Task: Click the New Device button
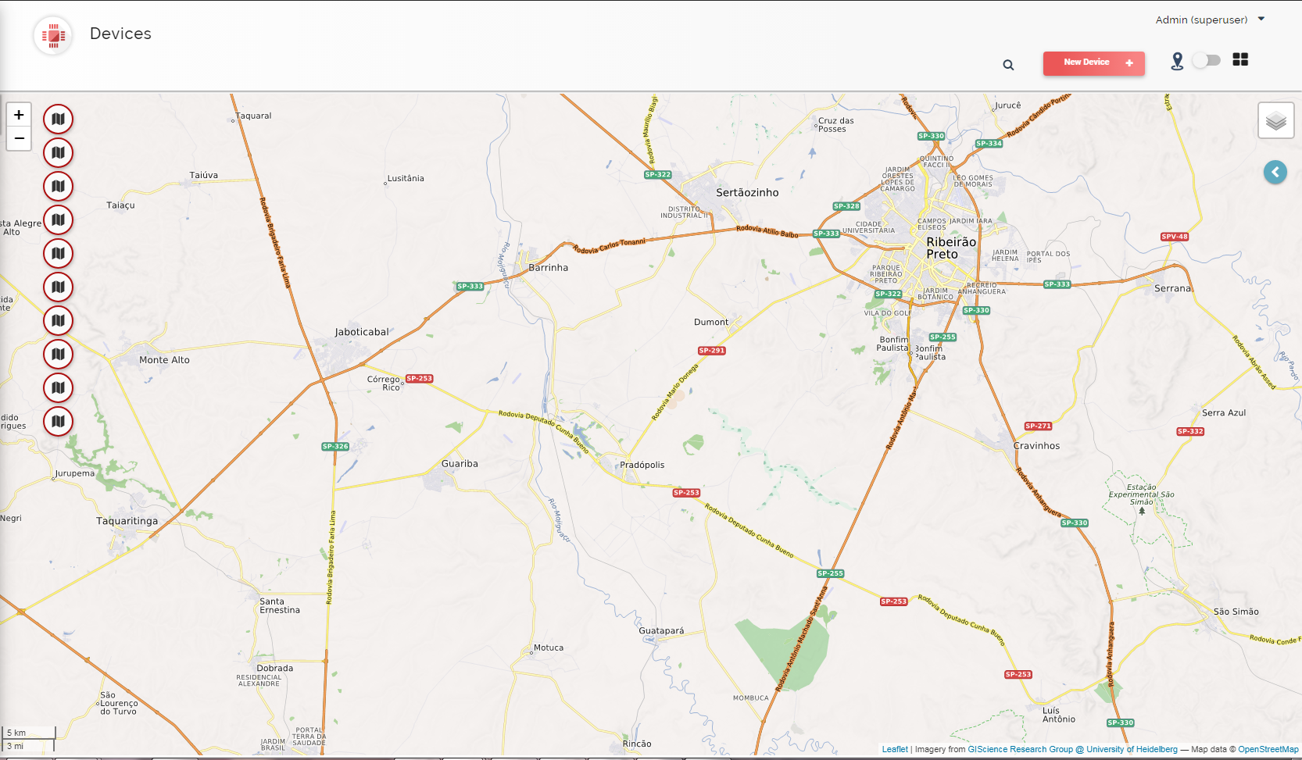click(x=1093, y=62)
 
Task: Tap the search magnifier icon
click(x=1008, y=65)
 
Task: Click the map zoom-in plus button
click(x=19, y=115)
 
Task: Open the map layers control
click(x=1275, y=120)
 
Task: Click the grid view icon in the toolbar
click(x=1240, y=59)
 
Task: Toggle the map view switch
click(x=1206, y=60)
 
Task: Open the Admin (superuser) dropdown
click(x=1210, y=20)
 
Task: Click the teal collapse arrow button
click(x=1275, y=172)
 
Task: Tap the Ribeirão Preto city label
click(x=951, y=248)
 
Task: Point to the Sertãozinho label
click(x=747, y=192)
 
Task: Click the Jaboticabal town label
click(x=362, y=332)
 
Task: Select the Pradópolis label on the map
click(x=642, y=465)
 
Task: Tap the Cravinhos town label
click(x=1036, y=446)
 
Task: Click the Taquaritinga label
click(x=127, y=521)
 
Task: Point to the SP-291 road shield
click(x=712, y=351)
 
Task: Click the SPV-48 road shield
click(x=1174, y=237)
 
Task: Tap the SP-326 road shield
click(x=335, y=447)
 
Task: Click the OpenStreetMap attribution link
click(x=1268, y=749)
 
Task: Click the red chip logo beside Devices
click(x=53, y=35)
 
